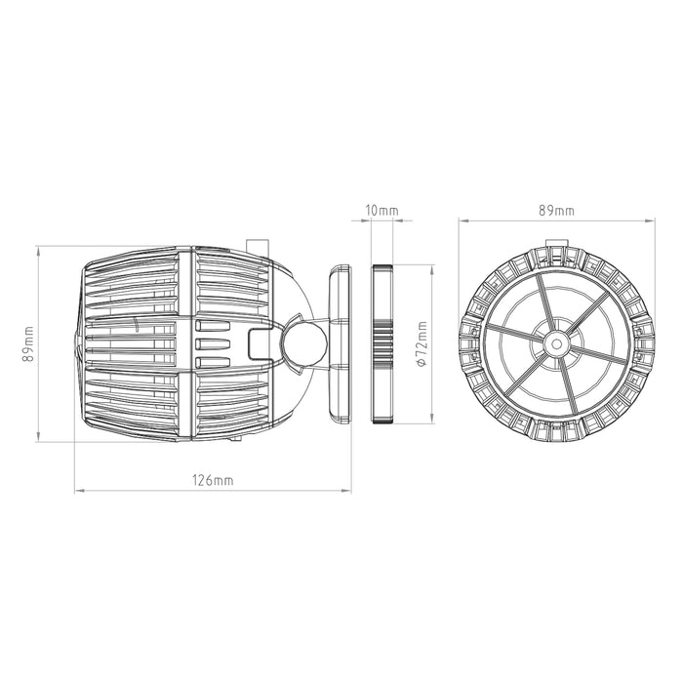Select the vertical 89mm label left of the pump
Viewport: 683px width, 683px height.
[30, 342]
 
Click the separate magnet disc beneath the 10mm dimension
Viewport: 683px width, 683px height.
[382, 343]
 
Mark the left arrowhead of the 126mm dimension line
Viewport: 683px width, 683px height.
[79, 491]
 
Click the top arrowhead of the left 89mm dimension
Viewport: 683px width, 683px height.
[40, 247]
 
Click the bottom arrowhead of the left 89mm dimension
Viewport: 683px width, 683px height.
[40, 439]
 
